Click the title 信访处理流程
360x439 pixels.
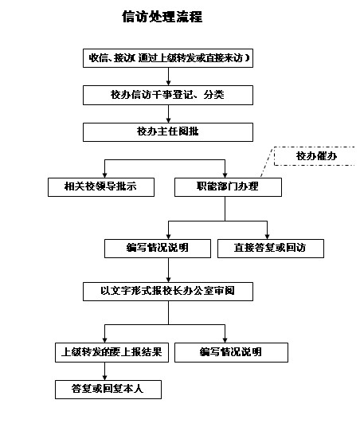tap(162, 17)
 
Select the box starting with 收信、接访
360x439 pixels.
tap(168, 58)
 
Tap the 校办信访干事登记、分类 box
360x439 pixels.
tap(168, 95)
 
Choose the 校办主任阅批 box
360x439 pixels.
tap(168, 132)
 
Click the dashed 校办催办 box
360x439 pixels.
tap(315, 156)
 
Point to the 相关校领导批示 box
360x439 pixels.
tap(101, 187)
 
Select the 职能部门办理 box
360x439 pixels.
tap(228, 187)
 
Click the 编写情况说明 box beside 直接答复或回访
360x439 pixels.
tap(158, 249)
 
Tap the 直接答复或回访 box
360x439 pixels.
tap(271, 249)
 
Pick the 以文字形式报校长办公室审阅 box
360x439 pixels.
tap(168, 292)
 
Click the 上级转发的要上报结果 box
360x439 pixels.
tap(112, 352)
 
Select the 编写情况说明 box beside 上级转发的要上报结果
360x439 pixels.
tap(231, 352)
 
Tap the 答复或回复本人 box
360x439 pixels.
tap(108, 390)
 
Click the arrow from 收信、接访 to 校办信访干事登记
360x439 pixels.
tap(168, 76)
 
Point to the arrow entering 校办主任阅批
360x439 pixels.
tap(168, 114)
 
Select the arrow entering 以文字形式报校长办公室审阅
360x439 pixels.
tap(168, 270)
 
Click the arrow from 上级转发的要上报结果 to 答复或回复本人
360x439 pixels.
tap(104, 371)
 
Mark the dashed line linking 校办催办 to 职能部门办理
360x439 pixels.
tap(267, 162)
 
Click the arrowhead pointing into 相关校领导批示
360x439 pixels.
tap(104, 174)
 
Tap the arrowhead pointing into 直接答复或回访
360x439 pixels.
tap(267, 236)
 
